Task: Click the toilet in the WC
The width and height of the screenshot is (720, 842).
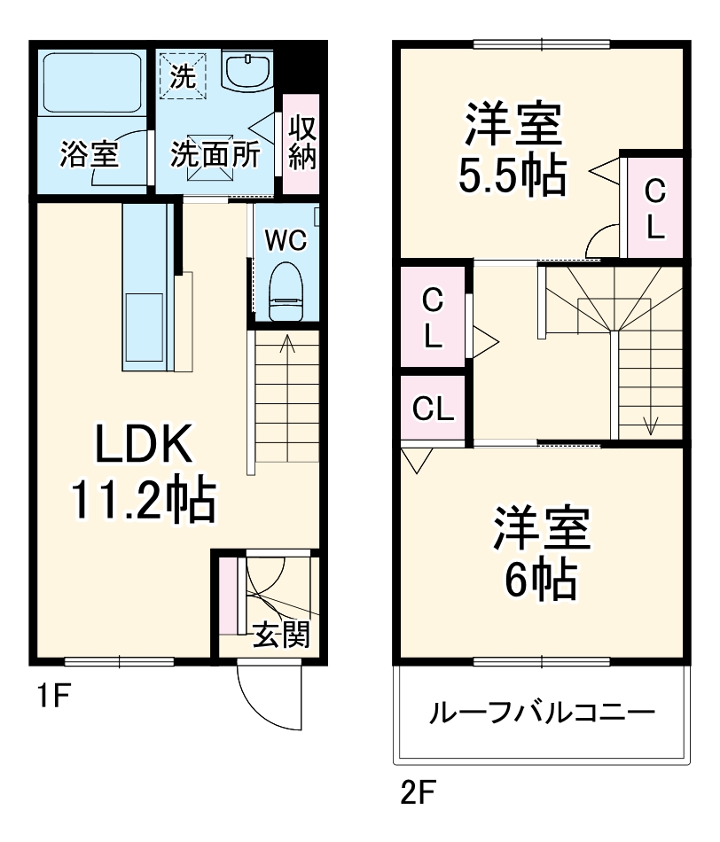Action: click(x=286, y=291)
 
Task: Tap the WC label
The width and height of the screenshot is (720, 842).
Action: click(x=286, y=240)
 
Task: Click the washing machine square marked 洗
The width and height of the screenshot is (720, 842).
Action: click(x=182, y=76)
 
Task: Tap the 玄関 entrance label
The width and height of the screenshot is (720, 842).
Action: click(x=280, y=635)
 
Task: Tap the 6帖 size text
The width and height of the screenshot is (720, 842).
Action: click(x=541, y=581)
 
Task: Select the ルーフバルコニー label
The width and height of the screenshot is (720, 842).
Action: click(x=542, y=713)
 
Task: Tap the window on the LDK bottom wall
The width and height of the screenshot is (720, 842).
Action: click(x=120, y=660)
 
